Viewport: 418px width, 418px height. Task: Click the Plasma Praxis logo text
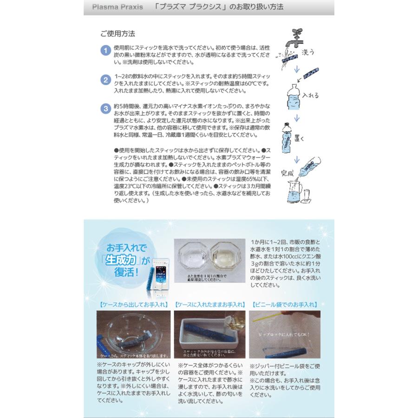111,7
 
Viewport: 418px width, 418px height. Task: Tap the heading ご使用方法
118,34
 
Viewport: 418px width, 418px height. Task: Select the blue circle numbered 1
105,50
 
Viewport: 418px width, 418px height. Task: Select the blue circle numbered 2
105,79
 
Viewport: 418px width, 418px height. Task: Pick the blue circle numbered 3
105,109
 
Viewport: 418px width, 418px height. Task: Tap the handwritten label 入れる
310,96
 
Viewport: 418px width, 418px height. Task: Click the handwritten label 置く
299,138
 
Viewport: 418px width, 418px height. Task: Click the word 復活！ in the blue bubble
123,271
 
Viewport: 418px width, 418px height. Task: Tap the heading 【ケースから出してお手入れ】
133,305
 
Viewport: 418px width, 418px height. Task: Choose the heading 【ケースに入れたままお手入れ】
210,305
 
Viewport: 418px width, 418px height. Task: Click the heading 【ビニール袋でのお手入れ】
285,305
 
